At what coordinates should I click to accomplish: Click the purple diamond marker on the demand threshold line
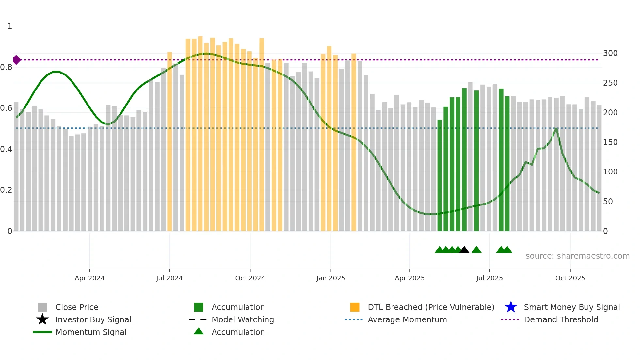pyautogui.click(x=16, y=60)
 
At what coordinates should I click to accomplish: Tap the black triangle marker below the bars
pyautogui.click(x=464, y=250)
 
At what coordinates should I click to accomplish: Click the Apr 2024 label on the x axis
pyautogui.click(x=89, y=278)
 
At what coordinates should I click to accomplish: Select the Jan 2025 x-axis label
pyautogui.click(x=330, y=278)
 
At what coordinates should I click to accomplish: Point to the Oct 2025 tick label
pyautogui.click(x=570, y=278)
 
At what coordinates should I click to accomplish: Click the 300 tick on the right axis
pyautogui.click(x=610, y=53)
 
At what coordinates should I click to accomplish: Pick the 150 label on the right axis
pyautogui.click(x=610, y=142)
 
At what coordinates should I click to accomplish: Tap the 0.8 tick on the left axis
pyautogui.click(x=6, y=67)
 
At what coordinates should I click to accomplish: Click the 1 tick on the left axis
pyautogui.click(x=10, y=26)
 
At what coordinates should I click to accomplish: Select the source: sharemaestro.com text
pyautogui.click(x=577, y=256)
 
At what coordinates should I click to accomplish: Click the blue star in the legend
pyautogui.click(x=511, y=307)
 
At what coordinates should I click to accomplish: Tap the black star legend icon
pyautogui.click(x=42, y=319)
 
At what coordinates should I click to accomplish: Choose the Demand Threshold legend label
pyautogui.click(x=561, y=319)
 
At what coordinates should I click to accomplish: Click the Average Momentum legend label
pyautogui.click(x=407, y=319)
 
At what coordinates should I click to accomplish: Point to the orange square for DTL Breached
pyautogui.click(x=355, y=307)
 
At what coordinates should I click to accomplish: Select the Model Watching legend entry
pyautogui.click(x=242, y=319)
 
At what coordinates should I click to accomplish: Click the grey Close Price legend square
pyautogui.click(x=42, y=307)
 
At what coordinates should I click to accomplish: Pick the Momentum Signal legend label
pyautogui.click(x=91, y=332)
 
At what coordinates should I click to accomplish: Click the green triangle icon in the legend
pyautogui.click(x=199, y=332)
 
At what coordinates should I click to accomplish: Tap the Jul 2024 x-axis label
pyautogui.click(x=169, y=278)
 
